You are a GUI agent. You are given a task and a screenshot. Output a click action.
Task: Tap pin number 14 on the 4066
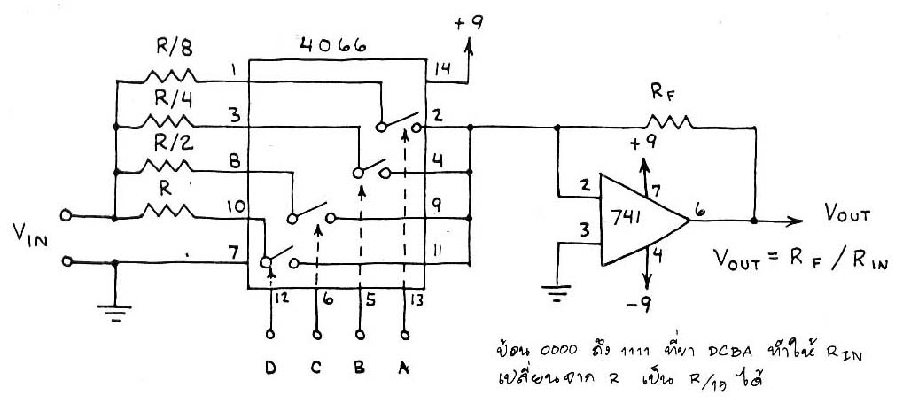click(441, 68)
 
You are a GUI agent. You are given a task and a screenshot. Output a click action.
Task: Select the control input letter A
click(405, 366)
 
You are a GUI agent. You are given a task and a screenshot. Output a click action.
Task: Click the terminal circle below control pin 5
click(360, 335)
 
